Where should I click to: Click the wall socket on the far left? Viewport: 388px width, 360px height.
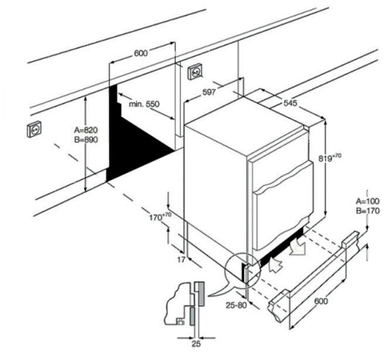(34, 129)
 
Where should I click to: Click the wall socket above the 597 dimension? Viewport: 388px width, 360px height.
(195, 72)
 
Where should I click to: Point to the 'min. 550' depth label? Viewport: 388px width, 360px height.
(144, 104)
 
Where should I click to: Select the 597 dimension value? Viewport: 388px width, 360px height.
(209, 92)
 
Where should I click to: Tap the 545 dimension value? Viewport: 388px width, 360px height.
(290, 103)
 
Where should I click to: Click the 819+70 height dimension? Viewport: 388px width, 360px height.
(330, 158)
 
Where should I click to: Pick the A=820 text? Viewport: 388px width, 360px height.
(86, 130)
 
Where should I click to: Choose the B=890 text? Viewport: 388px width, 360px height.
(86, 140)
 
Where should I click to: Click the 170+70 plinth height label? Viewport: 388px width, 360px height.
(160, 217)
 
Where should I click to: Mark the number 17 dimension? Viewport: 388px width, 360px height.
(181, 260)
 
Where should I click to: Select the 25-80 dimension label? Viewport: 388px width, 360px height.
(236, 305)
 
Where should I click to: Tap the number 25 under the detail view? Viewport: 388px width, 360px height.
(196, 344)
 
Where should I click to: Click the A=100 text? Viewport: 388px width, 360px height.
(367, 201)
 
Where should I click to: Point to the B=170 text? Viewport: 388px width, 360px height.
(367, 211)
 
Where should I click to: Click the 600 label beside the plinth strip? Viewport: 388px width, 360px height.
(321, 301)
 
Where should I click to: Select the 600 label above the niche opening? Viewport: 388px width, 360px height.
(140, 53)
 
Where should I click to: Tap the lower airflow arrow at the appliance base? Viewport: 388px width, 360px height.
(276, 264)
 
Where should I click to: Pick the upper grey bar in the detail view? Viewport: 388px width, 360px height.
(201, 294)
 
